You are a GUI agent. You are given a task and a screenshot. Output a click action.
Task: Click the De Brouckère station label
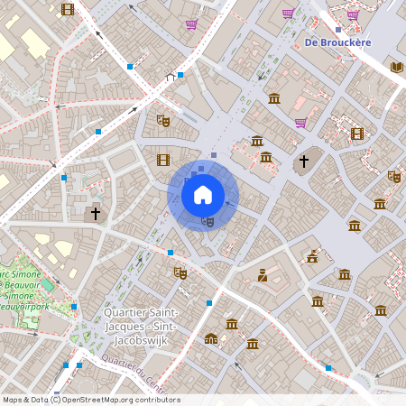point(338,42)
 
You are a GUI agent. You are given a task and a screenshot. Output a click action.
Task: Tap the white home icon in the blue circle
point(203,194)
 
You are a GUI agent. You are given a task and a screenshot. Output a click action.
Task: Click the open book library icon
point(397,67)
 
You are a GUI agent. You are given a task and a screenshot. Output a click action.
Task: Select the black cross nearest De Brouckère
point(304,161)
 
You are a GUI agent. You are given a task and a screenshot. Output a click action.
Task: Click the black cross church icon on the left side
point(95,215)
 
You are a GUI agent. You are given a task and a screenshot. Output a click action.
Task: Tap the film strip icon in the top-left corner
point(68,10)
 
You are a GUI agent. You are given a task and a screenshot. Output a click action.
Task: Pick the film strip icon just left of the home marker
point(162,160)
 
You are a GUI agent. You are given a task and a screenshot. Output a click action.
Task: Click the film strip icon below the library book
point(357,134)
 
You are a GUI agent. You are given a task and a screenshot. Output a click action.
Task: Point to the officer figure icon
point(263,275)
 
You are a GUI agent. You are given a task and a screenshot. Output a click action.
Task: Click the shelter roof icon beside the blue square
point(170,78)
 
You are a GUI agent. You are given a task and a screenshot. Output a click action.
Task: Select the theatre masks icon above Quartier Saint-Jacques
point(180,272)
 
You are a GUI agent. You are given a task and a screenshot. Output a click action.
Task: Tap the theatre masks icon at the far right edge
point(393,177)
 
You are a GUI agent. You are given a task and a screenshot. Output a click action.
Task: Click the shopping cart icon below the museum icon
point(300,123)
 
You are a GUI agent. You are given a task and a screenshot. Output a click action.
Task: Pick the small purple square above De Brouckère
point(337,29)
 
